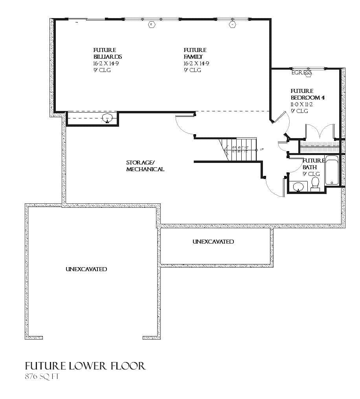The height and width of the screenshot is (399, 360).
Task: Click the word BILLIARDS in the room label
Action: pyautogui.click(x=107, y=57)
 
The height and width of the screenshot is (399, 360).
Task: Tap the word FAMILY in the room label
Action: pyautogui.click(x=193, y=57)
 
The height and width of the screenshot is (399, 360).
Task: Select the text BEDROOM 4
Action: pyautogui.click(x=307, y=98)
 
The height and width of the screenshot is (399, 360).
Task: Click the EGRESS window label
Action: pyautogui.click(x=301, y=73)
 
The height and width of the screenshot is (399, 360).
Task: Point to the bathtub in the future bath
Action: pyautogui.click(x=331, y=171)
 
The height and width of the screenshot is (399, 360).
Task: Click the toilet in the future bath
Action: pyautogui.click(x=315, y=183)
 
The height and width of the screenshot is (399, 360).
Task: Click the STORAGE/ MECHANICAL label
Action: pyautogui.click(x=145, y=166)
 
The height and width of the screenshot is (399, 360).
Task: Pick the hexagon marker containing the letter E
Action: pyautogui.click(x=151, y=25)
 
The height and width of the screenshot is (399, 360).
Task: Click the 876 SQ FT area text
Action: pyautogui.click(x=42, y=376)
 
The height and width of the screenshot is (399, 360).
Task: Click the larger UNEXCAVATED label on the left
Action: pyautogui.click(x=86, y=269)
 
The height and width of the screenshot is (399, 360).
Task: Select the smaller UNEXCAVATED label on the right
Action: pyautogui.click(x=213, y=242)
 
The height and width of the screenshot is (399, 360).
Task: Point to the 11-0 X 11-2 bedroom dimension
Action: pyautogui.click(x=301, y=104)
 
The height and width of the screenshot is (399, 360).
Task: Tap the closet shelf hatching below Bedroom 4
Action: pyautogui.click(x=319, y=146)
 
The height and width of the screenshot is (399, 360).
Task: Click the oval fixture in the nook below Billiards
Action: pyautogui.click(x=107, y=118)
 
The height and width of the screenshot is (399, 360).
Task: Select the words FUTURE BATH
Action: pyautogui.click(x=312, y=164)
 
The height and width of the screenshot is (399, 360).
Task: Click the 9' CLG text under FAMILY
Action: pyautogui.click(x=192, y=70)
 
